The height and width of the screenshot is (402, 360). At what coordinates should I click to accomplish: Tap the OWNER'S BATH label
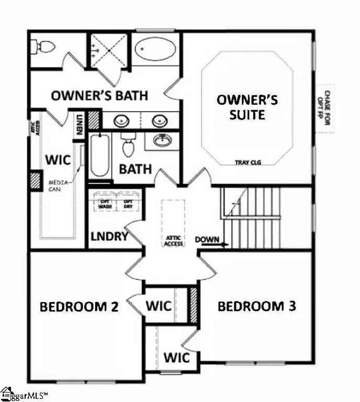coord(99,96)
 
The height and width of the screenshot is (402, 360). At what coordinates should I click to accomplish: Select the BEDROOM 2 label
coord(80,307)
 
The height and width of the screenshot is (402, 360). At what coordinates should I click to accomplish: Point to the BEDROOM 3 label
coord(256,306)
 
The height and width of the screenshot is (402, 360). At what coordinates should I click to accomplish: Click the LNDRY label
coord(109,237)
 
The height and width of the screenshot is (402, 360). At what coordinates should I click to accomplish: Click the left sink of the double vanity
coord(121,121)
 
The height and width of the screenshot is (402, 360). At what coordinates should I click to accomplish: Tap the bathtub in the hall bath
coord(99,155)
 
